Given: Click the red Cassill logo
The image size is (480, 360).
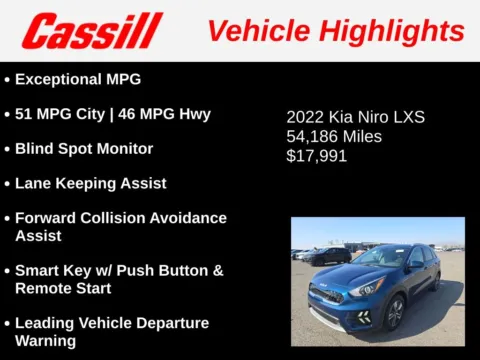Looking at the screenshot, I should click(92, 31).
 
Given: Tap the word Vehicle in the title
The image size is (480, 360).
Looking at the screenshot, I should click(254, 31).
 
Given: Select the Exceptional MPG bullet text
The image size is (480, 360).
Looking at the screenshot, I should click(78, 78).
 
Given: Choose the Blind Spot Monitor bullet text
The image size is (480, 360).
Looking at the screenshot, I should click(84, 148).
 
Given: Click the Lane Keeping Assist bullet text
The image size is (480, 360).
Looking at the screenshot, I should click(90, 183).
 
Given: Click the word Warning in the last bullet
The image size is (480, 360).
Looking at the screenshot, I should click(45, 341).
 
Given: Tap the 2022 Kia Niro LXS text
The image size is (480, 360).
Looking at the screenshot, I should click(355, 117).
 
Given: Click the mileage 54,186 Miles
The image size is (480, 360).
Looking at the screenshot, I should click(334, 136).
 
